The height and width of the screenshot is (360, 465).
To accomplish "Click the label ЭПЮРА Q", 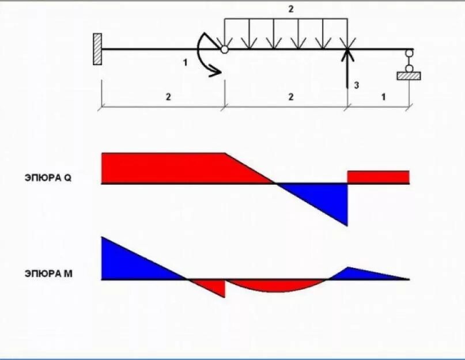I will (48, 178).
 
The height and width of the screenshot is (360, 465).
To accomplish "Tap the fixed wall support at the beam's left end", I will (97, 49).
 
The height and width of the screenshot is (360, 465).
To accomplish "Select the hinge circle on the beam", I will (224, 50).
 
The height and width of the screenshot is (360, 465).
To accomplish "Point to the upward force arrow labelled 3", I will (347, 69).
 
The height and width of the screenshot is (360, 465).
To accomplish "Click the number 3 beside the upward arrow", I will (357, 85).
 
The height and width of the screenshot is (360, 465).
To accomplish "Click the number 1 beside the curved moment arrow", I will (186, 63).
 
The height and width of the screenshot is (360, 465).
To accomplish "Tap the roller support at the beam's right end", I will (409, 66).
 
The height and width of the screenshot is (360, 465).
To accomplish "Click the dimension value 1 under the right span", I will (383, 97).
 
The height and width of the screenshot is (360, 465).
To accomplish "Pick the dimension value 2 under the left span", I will (168, 97).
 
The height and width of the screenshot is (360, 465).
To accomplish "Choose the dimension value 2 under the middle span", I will (291, 97).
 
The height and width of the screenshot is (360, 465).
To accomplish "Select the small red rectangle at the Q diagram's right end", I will (378, 177).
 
